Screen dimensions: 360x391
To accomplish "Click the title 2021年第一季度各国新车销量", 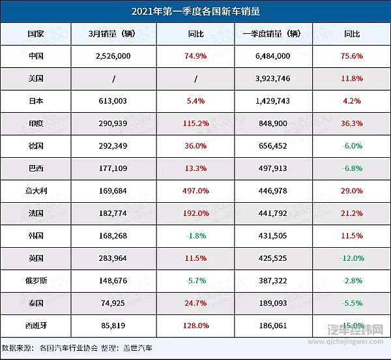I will (x=195, y=11).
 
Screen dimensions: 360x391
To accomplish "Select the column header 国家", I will (x=36, y=34).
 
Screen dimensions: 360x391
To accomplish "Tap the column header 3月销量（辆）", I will (x=113, y=34).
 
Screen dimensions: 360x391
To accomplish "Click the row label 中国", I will (x=36, y=56).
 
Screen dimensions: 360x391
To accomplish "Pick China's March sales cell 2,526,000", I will (x=113, y=56).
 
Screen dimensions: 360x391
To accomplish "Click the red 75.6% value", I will (x=351, y=56).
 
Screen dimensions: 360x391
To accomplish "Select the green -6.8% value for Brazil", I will (x=351, y=168).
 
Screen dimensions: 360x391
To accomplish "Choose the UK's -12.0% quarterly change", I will (x=351, y=258).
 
